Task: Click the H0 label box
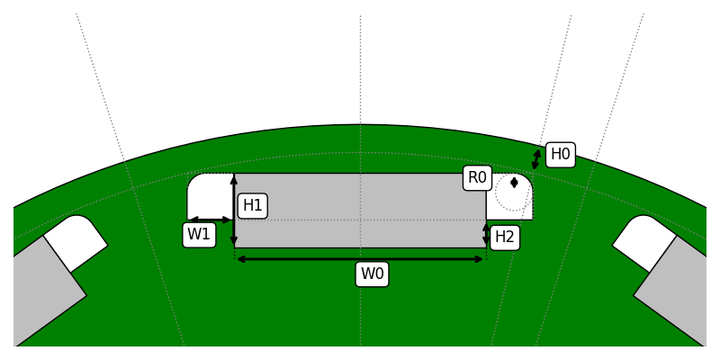point(560,155)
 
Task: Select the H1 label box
point(252,206)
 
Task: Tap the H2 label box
point(505,238)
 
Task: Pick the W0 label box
point(372,274)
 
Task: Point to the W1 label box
point(199,235)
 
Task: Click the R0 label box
point(477,178)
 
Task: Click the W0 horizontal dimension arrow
point(360,259)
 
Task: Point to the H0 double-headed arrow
point(536,159)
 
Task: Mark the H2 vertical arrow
point(486,234)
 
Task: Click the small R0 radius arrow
point(514,183)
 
